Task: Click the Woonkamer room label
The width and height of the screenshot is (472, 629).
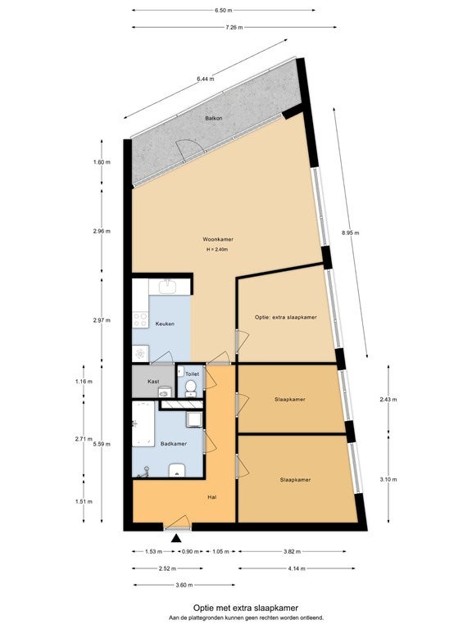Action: pyautogui.click(x=218, y=239)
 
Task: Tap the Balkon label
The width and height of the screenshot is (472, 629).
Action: pyautogui.click(x=214, y=118)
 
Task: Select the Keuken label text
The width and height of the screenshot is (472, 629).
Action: pyautogui.click(x=165, y=324)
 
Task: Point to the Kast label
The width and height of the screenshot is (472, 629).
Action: pyautogui.click(x=153, y=382)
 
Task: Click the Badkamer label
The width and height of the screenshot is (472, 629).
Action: pyautogui.click(x=174, y=444)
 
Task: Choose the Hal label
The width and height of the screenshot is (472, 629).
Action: pyautogui.click(x=212, y=497)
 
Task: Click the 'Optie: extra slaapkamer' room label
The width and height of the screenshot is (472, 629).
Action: pyautogui.click(x=286, y=317)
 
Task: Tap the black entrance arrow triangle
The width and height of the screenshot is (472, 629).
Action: pyautogui.click(x=176, y=538)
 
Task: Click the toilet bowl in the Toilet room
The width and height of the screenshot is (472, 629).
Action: pyautogui.click(x=191, y=388)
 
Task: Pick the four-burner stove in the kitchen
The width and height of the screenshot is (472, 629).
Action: pyautogui.click(x=140, y=319)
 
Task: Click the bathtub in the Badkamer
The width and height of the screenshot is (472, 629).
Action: pyautogui.click(x=143, y=423)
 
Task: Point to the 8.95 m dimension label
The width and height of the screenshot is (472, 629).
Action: pyautogui.click(x=351, y=233)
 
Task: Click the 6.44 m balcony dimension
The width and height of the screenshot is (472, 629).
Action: pyautogui.click(x=206, y=79)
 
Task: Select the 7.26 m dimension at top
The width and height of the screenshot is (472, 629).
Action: pyautogui.click(x=234, y=27)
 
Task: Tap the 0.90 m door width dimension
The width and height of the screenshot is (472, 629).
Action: pyautogui.click(x=190, y=551)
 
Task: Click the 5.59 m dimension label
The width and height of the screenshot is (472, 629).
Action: pyautogui.click(x=102, y=444)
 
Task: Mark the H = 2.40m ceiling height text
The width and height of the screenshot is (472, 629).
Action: pyautogui.click(x=217, y=250)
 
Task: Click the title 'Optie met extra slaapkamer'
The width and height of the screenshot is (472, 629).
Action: pyautogui.click(x=246, y=609)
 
